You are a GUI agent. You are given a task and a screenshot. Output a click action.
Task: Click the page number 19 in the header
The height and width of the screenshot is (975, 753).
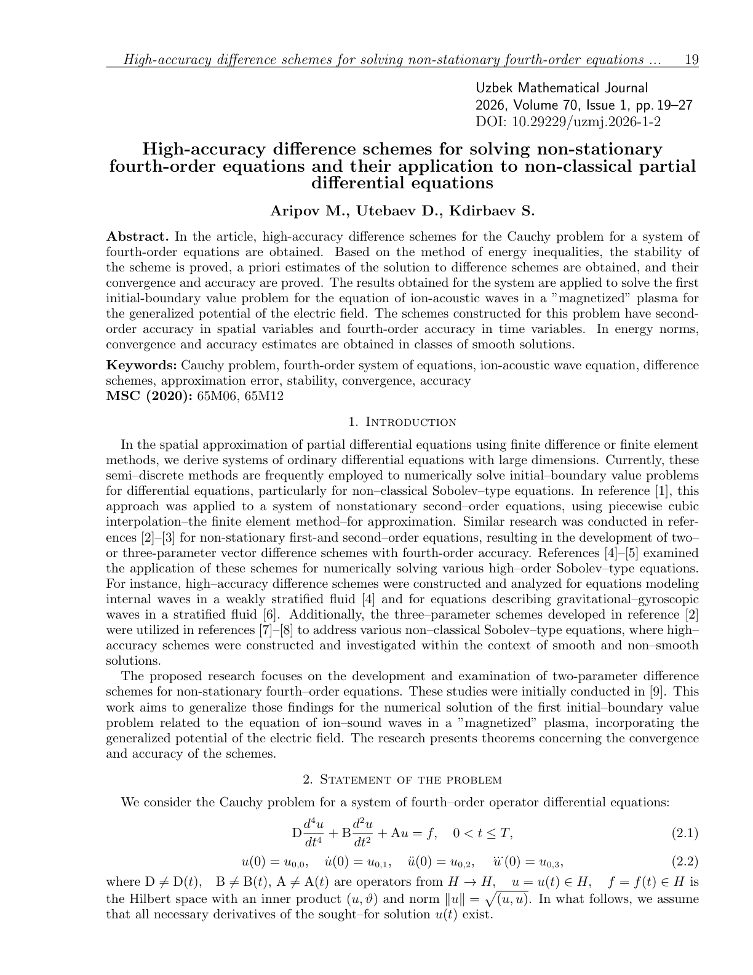point(691,60)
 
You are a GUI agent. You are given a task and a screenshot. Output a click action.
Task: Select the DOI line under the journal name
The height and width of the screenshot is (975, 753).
point(568,121)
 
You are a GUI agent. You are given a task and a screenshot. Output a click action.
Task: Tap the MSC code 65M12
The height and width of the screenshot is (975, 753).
point(264,396)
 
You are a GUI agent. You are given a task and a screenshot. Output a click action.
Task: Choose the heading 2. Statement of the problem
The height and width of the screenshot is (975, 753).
point(402,780)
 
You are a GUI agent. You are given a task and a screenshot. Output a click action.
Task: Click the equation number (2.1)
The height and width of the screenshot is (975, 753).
point(684,833)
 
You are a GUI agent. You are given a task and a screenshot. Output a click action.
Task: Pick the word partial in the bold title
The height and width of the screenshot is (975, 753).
point(667,166)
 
